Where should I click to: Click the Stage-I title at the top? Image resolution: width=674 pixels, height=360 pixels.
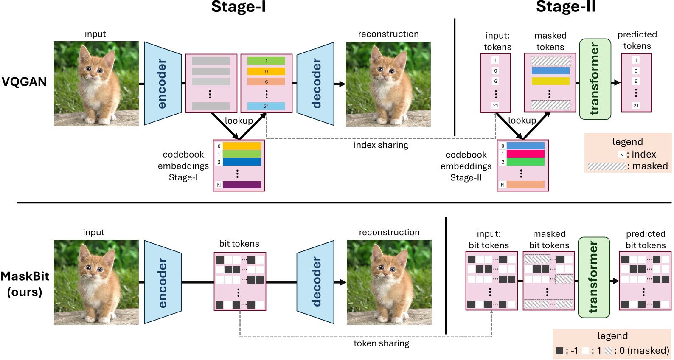tap(238, 7)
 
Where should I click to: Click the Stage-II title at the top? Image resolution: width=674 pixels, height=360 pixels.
tap(565, 7)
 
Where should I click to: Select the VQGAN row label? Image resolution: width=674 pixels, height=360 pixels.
tap(24, 82)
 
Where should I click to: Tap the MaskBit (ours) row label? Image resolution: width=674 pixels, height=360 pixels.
tap(25, 284)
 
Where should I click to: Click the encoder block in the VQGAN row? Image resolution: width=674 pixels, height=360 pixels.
tap(163, 84)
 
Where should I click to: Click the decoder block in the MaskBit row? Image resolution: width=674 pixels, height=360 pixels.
tap(316, 282)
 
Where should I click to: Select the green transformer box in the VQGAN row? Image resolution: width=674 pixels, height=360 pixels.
tap(595, 79)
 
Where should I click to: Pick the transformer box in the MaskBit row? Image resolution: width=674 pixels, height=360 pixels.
tap(593, 277)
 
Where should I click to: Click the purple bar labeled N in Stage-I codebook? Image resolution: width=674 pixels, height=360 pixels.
tap(242, 185)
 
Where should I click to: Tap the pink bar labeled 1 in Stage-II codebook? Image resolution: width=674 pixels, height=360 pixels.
tap(525, 154)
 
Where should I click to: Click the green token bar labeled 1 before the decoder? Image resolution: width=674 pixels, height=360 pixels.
tap(266, 61)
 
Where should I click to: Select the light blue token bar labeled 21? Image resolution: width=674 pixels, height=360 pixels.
tap(266, 106)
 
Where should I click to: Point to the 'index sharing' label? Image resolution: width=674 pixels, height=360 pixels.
tap(381, 145)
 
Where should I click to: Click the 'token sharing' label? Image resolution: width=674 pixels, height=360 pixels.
tap(381, 343)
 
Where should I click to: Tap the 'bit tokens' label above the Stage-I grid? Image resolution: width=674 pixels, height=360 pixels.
tap(239, 244)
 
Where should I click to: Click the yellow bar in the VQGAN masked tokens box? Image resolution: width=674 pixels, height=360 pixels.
tap(550, 81)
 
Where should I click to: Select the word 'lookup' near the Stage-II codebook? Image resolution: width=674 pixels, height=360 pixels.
tap(522, 121)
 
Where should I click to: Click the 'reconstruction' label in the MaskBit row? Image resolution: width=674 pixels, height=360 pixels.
tap(389, 232)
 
